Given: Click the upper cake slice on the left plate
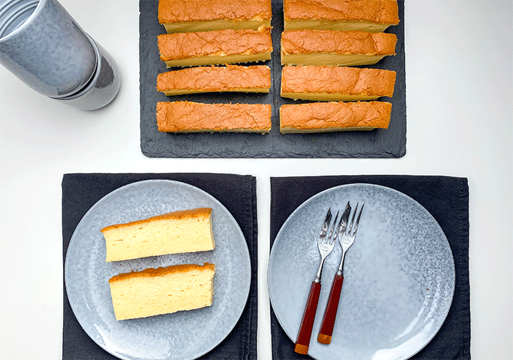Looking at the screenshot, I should [x=159, y=235].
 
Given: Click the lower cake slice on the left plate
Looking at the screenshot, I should [x=163, y=292].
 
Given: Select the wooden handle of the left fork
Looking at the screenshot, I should [x=308, y=316].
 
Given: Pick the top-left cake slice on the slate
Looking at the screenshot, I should [x=215, y=14].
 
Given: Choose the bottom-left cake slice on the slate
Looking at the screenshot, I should [x=214, y=117].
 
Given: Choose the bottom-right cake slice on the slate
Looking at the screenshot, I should [x=335, y=116].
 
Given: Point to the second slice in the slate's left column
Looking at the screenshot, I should [x=215, y=47].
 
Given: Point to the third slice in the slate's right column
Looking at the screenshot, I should [x=338, y=83].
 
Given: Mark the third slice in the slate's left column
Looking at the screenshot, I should [x=214, y=80].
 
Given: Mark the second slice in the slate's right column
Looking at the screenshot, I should [x=339, y=47].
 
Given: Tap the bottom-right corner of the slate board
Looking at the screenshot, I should [x=404, y=155].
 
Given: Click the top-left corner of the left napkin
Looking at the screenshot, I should [x=64, y=175].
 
